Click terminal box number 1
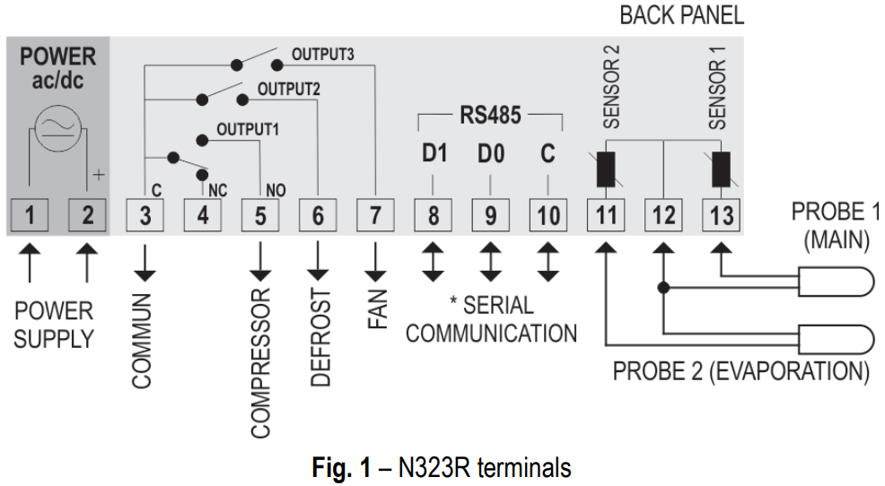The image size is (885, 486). pyautogui.click(x=30, y=216)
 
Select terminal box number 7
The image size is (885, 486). pyautogui.click(x=375, y=216)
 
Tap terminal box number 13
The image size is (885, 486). pyautogui.click(x=722, y=216)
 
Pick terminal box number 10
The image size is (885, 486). pyautogui.click(x=548, y=216)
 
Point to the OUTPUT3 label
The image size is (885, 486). pyautogui.click(x=322, y=55)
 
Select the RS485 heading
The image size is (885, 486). pyautogui.click(x=491, y=116)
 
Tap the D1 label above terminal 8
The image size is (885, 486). pyautogui.click(x=434, y=154)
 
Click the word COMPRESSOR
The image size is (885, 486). pyautogui.click(x=260, y=363)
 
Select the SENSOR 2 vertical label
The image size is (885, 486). pyautogui.click(x=612, y=95)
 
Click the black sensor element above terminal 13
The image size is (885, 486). pyautogui.click(x=721, y=169)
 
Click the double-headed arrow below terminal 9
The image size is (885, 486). pyautogui.click(x=490, y=262)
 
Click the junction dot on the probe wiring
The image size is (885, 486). pyautogui.click(x=664, y=288)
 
